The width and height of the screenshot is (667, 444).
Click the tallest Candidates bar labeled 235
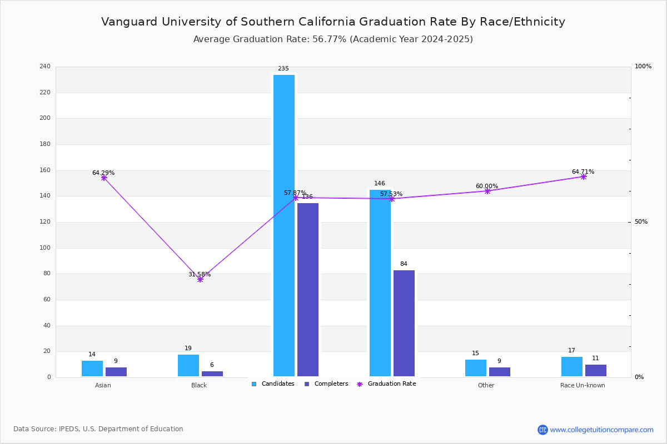(x=284, y=225)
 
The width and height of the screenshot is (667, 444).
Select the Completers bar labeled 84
(x=404, y=324)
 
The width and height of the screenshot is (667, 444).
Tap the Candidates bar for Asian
(x=92, y=369)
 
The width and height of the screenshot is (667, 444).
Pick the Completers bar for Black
(x=212, y=374)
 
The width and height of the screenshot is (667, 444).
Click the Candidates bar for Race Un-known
(x=572, y=367)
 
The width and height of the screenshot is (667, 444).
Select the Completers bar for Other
(x=500, y=372)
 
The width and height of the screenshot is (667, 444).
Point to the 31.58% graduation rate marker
(x=200, y=279)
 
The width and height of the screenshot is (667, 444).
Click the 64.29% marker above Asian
(x=104, y=178)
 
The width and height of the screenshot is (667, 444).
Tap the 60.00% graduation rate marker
(x=487, y=191)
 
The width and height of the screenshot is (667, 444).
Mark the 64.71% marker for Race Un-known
(x=584, y=176)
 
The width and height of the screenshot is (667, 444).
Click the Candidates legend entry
(x=273, y=384)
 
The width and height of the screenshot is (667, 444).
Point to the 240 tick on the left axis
(x=45, y=67)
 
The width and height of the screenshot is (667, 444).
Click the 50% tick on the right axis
(x=641, y=222)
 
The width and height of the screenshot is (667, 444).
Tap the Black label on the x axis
(x=199, y=385)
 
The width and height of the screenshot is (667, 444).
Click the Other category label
(x=486, y=385)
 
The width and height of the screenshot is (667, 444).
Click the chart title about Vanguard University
(x=333, y=22)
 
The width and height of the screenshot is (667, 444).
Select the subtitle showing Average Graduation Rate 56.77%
(x=333, y=39)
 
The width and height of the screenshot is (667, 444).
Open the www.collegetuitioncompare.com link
(x=601, y=430)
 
